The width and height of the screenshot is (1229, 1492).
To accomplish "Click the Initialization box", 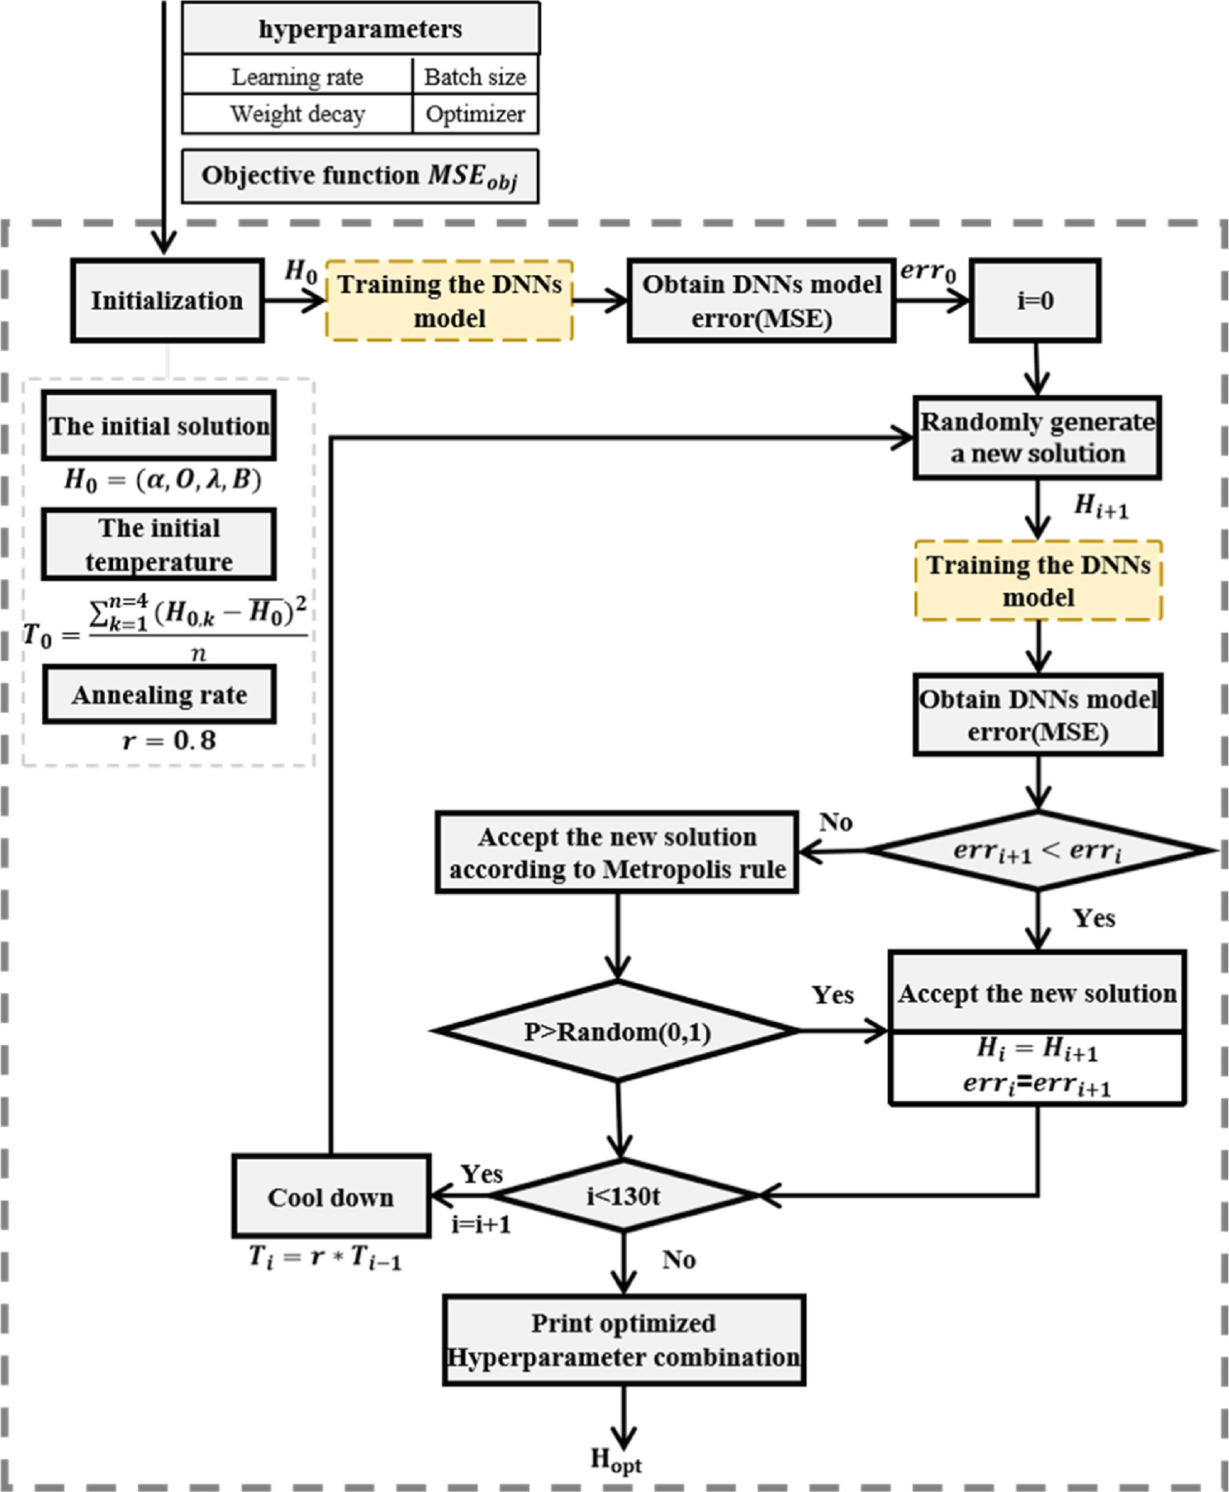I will (167, 300).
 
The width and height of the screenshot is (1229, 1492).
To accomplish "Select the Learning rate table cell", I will (297, 76).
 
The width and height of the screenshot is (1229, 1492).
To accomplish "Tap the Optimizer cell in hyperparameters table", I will (475, 114).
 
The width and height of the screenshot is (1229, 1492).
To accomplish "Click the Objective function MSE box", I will (359, 176).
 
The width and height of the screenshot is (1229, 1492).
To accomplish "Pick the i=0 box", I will (1034, 300).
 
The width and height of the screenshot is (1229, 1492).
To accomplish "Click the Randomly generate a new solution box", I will (1037, 438).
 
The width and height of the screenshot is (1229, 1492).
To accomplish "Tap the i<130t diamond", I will (624, 1195).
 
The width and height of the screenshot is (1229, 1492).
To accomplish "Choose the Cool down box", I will (330, 1196).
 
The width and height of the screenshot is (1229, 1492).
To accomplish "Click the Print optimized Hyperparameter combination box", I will (624, 1340).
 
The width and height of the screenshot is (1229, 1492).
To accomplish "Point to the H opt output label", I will (615, 1461).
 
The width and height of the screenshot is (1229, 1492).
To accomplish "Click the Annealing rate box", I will (159, 695).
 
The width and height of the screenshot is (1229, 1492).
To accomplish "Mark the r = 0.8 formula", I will (169, 740).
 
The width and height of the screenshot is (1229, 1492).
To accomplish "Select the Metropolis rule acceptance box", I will (616, 853).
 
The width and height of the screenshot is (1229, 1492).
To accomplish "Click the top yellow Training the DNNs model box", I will (449, 301).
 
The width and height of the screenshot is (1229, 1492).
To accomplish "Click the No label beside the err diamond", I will (835, 822).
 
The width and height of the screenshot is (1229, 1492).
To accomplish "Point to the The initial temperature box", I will (159, 544).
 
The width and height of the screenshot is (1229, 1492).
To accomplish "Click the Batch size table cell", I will (475, 76).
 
